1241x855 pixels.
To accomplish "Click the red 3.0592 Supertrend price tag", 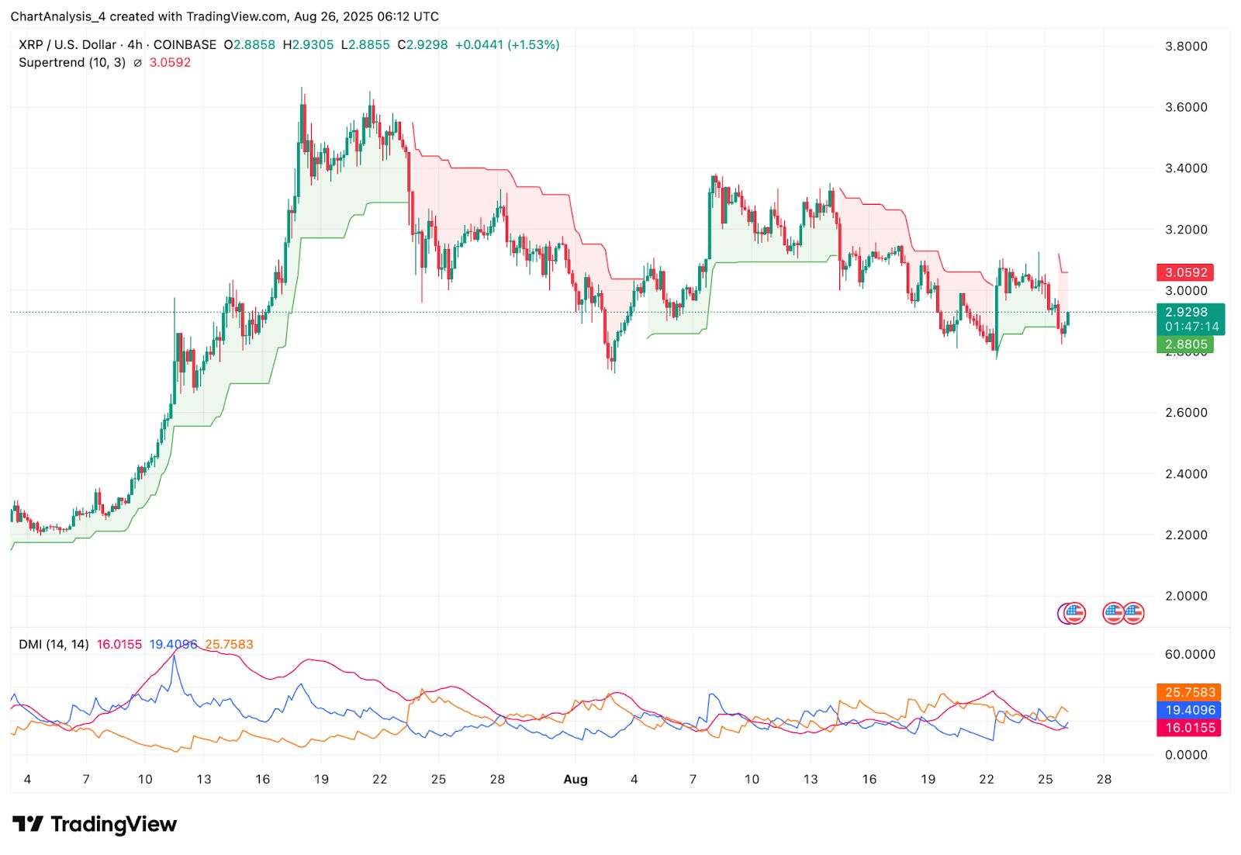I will pyautogui.click(x=1185, y=272).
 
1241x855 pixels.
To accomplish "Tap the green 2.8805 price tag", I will pyautogui.click(x=1185, y=344).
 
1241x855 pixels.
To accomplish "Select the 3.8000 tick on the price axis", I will pyautogui.click(x=1186, y=46).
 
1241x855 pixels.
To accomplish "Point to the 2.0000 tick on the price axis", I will pyautogui.click(x=1186, y=596).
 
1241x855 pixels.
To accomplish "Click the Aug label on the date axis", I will pyautogui.click(x=575, y=779).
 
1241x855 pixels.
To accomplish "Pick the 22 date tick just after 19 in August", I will pyautogui.click(x=986, y=779).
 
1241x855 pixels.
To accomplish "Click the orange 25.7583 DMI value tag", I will pyautogui.click(x=1189, y=692).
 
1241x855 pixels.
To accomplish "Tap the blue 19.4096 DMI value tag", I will pyautogui.click(x=1189, y=710).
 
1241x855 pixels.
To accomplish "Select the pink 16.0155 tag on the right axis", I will pyautogui.click(x=1189, y=728).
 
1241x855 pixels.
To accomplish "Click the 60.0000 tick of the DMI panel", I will pyautogui.click(x=1190, y=654).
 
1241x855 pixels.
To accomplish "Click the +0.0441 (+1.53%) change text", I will pyautogui.click(x=506, y=45).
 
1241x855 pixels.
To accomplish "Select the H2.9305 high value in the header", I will pyautogui.click(x=308, y=45).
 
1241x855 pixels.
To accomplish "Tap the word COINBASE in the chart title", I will pyautogui.click(x=185, y=45).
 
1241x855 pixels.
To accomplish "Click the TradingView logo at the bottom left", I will pyautogui.click(x=95, y=824).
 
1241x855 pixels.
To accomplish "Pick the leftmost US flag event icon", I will pyautogui.click(x=1073, y=614).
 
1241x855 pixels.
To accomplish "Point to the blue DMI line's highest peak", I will pyautogui.click(x=174, y=656).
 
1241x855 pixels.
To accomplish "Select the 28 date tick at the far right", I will pyautogui.click(x=1104, y=779).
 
